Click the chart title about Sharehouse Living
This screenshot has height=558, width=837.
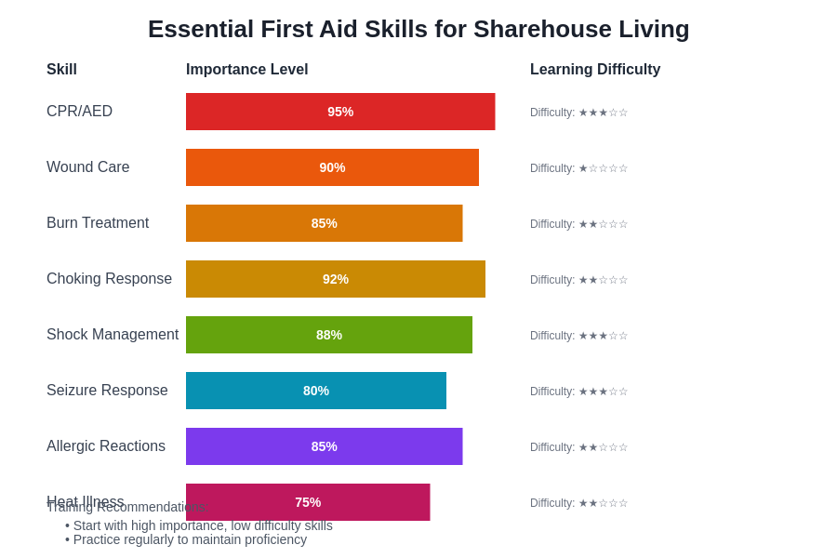tap(418, 29)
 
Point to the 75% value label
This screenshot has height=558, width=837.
tap(308, 502)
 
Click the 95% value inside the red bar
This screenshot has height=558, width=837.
tap(340, 112)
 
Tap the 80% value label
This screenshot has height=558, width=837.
tap(316, 391)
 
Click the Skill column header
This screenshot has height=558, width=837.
tap(61, 70)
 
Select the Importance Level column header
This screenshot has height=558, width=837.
tap(246, 70)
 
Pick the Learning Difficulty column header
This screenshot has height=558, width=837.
tap(595, 70)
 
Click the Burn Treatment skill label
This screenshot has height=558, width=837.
tap(98, 223)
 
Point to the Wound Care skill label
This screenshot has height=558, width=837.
tap(88, 167)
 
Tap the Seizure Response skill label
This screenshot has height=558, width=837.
tap(107, 391)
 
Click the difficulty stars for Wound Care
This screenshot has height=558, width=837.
tap(603, 168)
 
